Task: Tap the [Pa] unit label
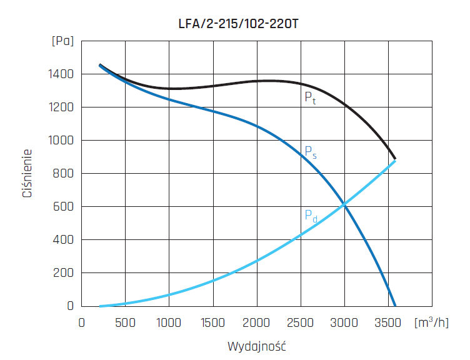(x=62, y=42)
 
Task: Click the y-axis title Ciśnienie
(x=27, y=173)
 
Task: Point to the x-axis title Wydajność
(x=257, y=345)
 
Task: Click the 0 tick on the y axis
(x=71, y=306)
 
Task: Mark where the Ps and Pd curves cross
(x=344, y=205)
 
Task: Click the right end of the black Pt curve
(x=395, y=159)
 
